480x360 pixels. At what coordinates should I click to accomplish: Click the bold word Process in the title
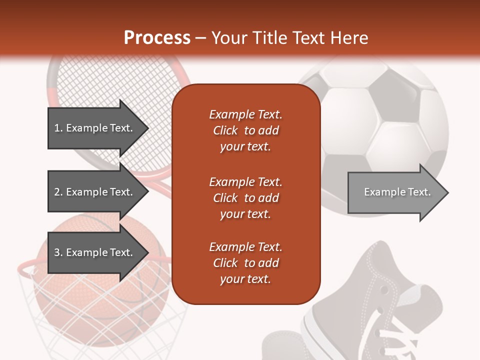tap(157, 38)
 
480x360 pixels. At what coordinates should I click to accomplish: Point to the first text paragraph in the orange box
tap(245, 130)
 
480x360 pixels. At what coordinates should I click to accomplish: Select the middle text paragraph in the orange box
tap(245, 197)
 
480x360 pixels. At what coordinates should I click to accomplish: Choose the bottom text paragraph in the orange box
tap(245, 263)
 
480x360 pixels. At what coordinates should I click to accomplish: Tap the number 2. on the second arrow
tap(58, 192)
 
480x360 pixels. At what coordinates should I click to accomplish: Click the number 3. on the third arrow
tap(58, 252)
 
